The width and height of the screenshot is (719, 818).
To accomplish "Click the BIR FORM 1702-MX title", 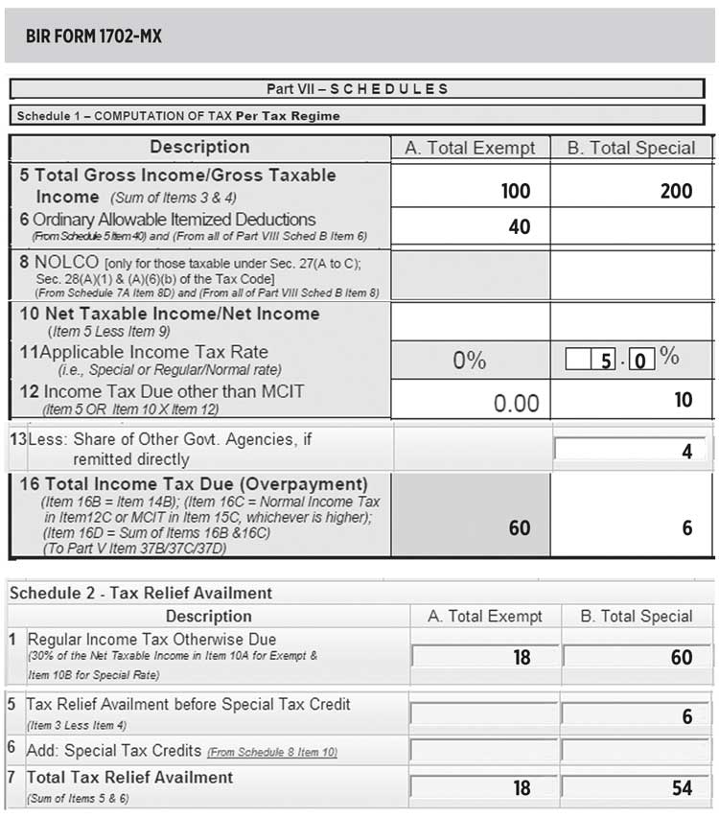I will click(x=95, y=37).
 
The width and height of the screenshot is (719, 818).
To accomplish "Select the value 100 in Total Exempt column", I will click(x=515, y=191).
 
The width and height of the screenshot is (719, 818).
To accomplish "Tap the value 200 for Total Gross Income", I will click(x=676, y=191).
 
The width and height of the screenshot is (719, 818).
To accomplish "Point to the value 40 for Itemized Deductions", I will click(x=519, y=227).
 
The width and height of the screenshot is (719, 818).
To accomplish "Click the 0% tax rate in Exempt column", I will click(x=470, y=361).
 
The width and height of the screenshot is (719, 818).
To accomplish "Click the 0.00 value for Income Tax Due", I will click(x=516, y=403).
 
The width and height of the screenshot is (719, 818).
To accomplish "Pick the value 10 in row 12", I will click(x=683, y=399).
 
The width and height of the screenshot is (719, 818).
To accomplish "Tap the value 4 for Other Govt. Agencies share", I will click(x=686, y=451).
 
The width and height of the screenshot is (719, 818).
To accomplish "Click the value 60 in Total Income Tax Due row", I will click(x=519, y=528).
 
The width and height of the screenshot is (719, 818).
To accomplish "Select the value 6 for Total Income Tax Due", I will click(x=686, y=528).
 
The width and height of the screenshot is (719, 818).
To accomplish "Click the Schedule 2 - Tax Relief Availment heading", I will click(x=141, y=594).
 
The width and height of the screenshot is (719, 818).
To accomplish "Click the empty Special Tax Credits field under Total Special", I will click(x=637, y=751).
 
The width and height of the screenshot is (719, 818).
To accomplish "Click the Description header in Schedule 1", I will click(x=199, y=147).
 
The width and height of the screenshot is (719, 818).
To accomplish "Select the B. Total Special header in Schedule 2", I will click(x=637, y=617).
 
